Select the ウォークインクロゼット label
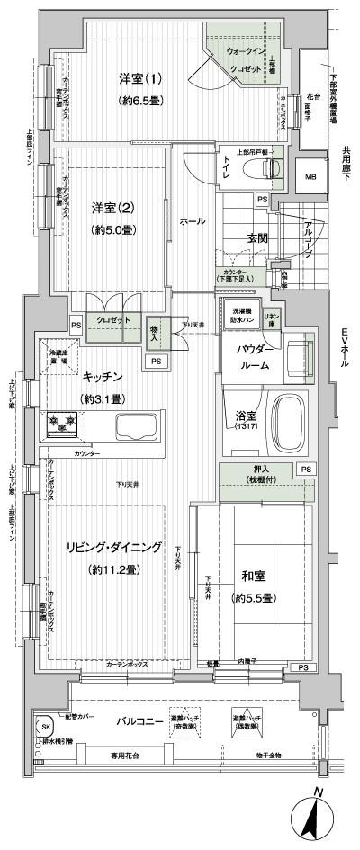[x=244, y=60]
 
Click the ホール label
[x=192, y=220]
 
